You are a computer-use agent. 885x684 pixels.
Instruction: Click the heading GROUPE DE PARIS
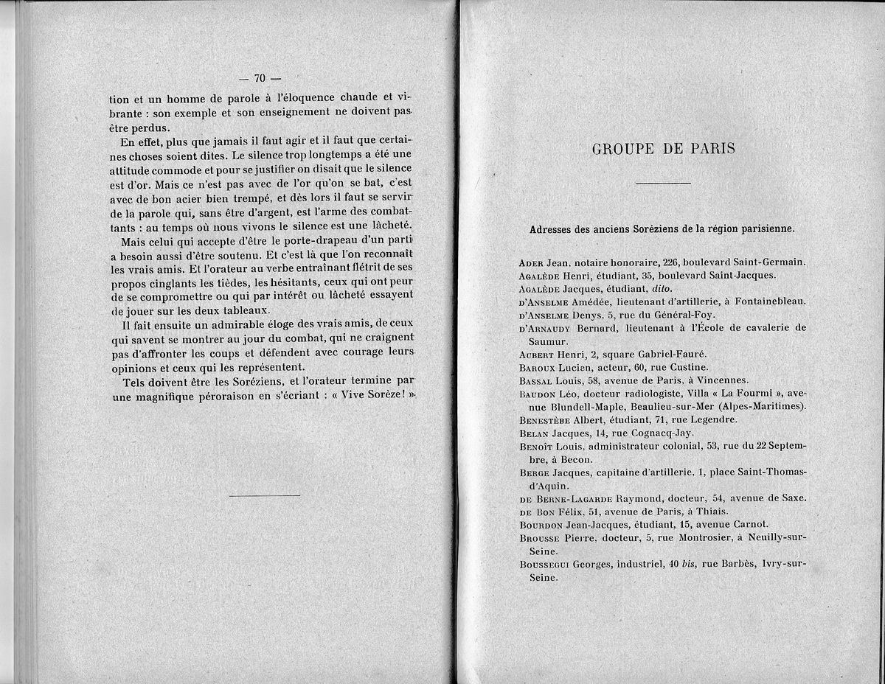[x=663, y=148]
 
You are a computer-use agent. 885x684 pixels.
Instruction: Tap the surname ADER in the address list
[x=532, y=262]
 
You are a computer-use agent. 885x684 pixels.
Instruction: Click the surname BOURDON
[x=541, y=525]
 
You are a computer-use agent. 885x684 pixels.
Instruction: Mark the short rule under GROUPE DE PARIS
[x=663, y=182]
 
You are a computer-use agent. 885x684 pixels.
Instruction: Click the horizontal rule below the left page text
[x=265, y=495]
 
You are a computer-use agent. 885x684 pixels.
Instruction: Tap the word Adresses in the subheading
[x=552, y=228]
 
